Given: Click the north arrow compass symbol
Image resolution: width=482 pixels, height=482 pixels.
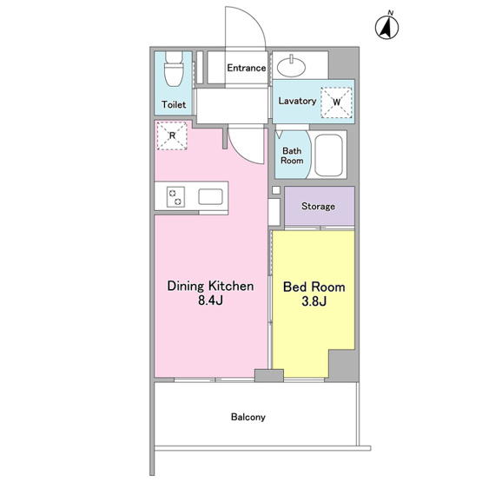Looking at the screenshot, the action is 387,26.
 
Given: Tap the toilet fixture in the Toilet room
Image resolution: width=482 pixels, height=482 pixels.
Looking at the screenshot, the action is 174,69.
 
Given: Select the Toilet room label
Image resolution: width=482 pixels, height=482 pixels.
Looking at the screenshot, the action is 174,104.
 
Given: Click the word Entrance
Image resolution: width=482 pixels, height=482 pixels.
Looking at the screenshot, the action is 247,68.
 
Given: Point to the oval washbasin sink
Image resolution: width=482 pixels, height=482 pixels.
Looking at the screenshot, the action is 292,66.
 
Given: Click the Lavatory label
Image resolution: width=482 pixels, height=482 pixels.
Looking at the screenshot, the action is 297,101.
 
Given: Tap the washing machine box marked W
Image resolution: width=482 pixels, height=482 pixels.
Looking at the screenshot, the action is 336,102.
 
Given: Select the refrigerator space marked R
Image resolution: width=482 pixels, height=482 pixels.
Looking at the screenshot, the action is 172,135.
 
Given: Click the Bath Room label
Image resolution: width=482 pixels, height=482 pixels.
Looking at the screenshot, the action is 292,155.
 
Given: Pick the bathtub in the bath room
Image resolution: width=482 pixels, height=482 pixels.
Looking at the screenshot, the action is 328,155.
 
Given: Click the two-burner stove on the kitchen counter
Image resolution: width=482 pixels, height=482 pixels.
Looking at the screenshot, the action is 175,197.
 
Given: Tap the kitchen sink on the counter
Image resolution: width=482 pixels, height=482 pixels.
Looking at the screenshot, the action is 210,197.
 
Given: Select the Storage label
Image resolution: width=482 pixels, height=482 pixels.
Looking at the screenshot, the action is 318,206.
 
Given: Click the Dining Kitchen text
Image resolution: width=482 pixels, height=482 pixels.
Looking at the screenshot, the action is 210,286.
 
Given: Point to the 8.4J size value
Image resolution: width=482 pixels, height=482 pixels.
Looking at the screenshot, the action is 210,300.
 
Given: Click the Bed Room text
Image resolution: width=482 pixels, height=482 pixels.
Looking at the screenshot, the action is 314,287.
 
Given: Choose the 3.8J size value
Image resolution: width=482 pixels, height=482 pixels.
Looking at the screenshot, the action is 314,301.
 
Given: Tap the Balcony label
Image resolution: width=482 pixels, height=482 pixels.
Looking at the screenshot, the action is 248,417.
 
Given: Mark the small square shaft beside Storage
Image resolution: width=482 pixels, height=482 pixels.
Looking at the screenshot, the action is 276,190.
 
